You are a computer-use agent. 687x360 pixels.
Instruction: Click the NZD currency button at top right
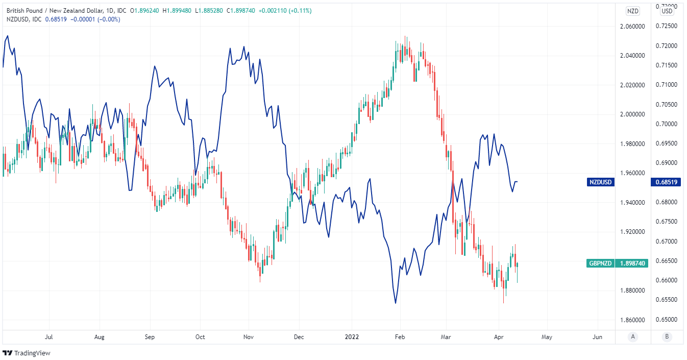633,11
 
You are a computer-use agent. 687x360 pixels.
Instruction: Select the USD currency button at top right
667,11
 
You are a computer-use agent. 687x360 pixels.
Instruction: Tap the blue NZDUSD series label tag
601,182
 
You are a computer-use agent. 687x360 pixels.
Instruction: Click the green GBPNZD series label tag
601,263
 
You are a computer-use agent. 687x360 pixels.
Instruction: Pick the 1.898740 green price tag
633,263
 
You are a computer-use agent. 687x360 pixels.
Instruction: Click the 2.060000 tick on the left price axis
633,27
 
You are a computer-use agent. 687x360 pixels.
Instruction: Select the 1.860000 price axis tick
633,320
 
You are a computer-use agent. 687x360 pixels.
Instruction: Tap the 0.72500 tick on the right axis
666,26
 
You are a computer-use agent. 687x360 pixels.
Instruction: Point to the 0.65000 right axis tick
666,320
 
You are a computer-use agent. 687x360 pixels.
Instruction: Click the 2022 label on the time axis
352,337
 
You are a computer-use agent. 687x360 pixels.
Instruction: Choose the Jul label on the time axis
49,337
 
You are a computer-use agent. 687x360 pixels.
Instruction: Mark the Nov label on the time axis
249,337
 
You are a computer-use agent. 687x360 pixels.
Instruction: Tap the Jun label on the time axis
597,337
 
